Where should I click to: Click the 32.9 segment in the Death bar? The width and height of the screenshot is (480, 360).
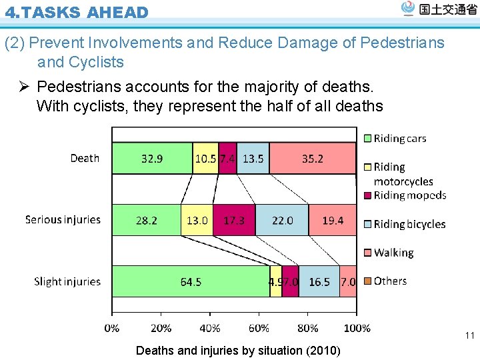click(x=152, y=159)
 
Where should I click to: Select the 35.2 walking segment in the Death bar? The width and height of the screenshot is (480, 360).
click(x=312, y=159)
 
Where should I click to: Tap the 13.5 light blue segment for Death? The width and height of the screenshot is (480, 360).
click(x=253, y=159)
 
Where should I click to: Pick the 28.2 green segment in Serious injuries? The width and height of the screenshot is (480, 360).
click(x=146, y=220)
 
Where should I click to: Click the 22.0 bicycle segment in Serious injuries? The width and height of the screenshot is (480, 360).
click(x=281, y=220)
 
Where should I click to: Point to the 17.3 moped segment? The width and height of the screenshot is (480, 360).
click(x=234, y=220)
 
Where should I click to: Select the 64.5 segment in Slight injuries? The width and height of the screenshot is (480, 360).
click(x=190, y=281)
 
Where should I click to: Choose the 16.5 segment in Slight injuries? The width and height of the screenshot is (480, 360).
click(x=319, y=281)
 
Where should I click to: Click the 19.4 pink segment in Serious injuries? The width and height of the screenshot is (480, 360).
click(x=332, y=220)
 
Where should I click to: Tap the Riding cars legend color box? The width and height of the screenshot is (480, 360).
click(x=367, y=139)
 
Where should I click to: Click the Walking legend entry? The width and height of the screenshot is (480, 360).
click(x=393, y=253)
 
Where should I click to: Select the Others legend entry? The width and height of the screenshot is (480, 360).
click(x=390, y=281)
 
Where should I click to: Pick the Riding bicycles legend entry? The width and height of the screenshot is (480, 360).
click(x=409, y=224)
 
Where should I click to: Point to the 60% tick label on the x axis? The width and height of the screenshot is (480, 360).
click(x=259, y=328)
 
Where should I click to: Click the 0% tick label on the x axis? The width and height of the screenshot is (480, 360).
click(x=112, y=328)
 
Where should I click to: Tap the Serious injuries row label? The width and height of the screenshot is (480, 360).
click(x=63, y=219)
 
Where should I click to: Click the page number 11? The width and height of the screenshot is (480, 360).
click(x=469, y=336)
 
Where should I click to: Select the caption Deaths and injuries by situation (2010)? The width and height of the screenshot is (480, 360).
click(x=238, y=351)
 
